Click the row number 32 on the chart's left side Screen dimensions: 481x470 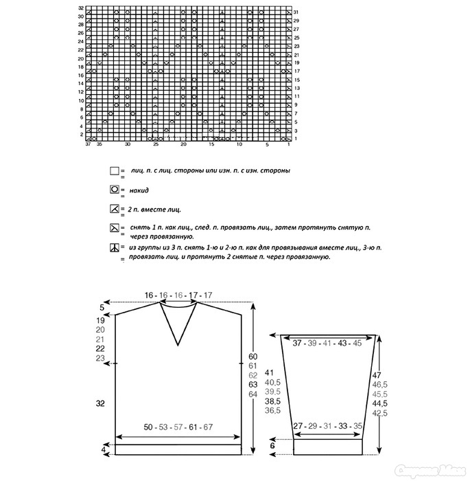(81, 8)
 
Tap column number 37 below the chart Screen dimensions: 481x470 (88, 144)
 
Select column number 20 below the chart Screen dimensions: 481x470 (183, 144)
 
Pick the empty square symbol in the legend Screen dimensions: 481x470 (114, 170)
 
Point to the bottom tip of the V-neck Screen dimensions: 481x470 (180, 344)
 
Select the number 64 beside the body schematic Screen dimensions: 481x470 (253, 394)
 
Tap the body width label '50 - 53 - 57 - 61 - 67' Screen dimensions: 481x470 (178, 427)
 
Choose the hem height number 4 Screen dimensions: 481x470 (104, 450)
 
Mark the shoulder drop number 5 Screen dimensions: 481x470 (102, 307)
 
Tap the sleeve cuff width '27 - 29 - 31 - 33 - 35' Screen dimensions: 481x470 (328, 427)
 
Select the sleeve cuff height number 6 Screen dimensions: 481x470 (273, 446)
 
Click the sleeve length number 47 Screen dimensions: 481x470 (377, 374)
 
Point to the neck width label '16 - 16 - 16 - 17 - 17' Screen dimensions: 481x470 (178, 295)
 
